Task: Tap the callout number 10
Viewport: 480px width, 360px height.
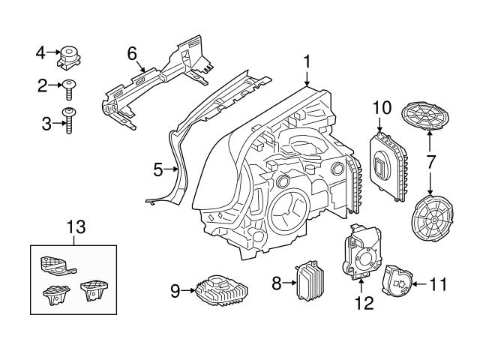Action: coord(382,108)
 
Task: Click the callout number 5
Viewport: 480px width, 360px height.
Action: coord(157,170)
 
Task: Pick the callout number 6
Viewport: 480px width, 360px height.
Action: coord(132,53)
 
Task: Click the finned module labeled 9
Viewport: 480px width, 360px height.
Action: coord(220,289)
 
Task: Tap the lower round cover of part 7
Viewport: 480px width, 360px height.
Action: coord(434,217)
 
